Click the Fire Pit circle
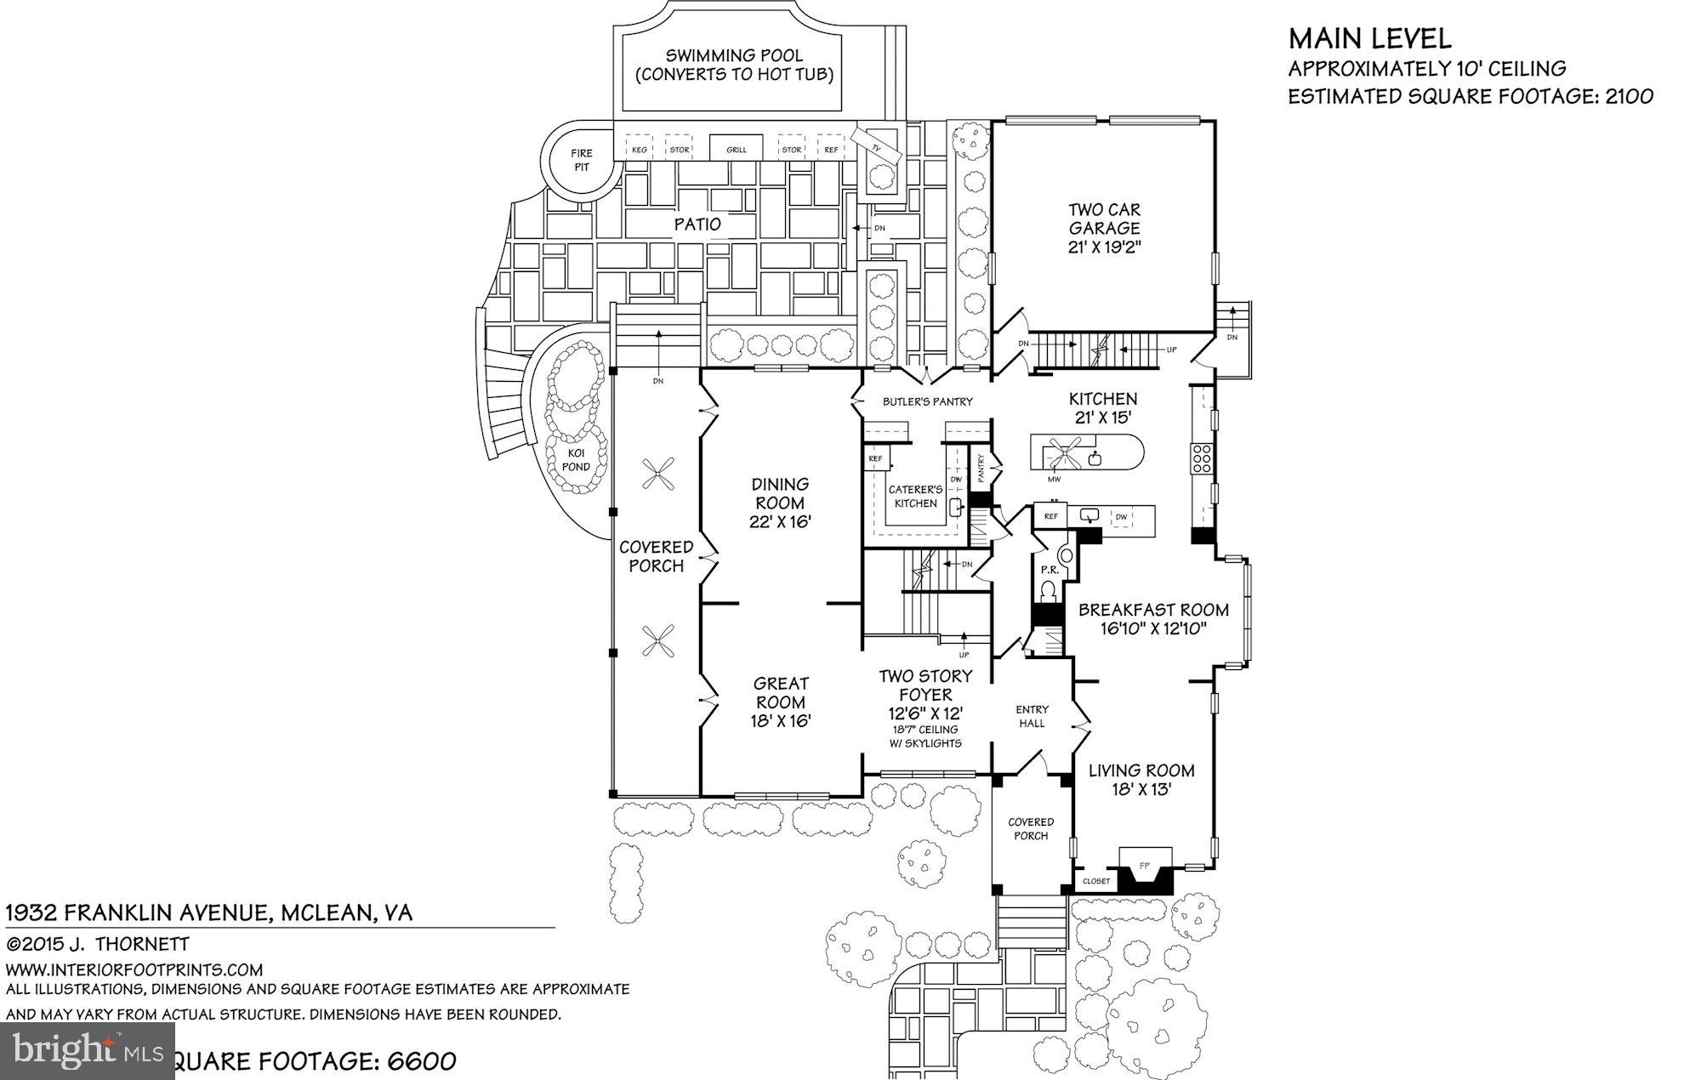[x=582, y=160]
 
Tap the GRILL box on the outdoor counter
[x=737, y=149]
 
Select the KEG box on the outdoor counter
[x=639, y=149]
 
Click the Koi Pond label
[x=577, y=459]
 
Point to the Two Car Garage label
[x=1104, y=219]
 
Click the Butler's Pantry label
[x=927, y=401]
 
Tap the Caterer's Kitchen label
[x=915, y=496]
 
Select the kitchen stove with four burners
[x=1202, y=458]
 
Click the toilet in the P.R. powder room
[x=1050, y=590]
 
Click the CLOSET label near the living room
[x=1096, y=881]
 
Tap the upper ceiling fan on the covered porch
[x=658, y=474]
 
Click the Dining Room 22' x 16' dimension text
[x=780, y=521]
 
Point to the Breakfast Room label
[x=1153, y=610]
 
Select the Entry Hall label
[x=1032, y=716]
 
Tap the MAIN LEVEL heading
[x=1369, y=39]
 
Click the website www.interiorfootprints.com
[x=134, y=969]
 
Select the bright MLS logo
[x=87, y=1051]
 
